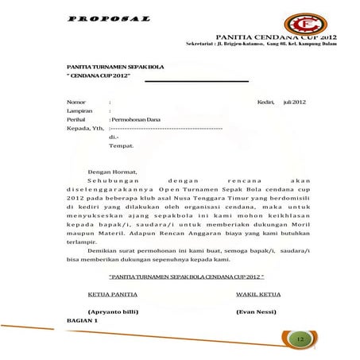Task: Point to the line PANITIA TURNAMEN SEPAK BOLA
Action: (109, 68)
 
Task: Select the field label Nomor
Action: (76, 103)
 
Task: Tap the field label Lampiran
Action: (80, 111)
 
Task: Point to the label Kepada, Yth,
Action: (85, 129)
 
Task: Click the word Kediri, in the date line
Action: (265, 103)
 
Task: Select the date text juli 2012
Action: (294, 103)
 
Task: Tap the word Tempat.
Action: (121, 146)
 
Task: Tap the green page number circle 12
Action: (300, 339)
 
